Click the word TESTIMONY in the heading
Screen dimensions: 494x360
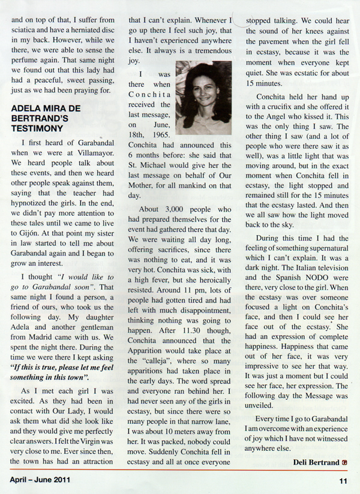click(40, 128)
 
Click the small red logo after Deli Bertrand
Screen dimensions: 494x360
click(344, 461)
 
